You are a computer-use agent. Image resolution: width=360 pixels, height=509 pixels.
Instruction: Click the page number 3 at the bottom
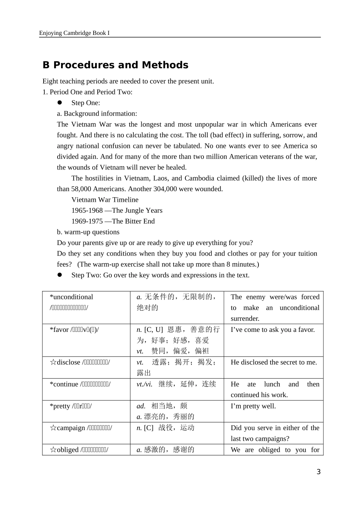pyautogui.click(x=318, y=472)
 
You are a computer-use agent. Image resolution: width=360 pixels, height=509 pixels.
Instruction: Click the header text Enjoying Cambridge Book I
pyautogui.click(x=74, y=33)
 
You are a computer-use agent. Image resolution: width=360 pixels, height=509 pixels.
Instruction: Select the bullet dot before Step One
pyautogui.click(x=59, y=103)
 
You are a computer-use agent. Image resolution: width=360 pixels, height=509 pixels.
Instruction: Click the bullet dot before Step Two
pyautogui.click(x=59, y=275)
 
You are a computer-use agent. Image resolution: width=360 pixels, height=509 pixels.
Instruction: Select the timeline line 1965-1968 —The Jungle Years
pyautogui.click(x=117, y=211)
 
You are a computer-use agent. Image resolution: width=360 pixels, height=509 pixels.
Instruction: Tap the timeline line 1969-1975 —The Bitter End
pyautogui.click(x=113, y=221)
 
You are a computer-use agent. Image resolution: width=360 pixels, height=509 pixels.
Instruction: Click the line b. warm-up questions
pyautogui.click(x=88, y=232)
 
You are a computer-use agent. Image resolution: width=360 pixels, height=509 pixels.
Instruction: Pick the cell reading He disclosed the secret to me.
pyautogui.click(x=274, y=362)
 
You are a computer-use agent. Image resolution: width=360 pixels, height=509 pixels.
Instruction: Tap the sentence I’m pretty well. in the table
pyautogui.click(x=253, y=406)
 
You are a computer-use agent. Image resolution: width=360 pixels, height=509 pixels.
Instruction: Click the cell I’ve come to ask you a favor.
pyautogui.click(x=272, y=330)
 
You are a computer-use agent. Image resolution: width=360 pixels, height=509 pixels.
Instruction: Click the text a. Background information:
pyautogui.click(x=97, y=113)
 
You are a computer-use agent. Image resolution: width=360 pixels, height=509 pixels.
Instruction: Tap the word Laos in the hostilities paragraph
pyautogui.click(x=161, y=178)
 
